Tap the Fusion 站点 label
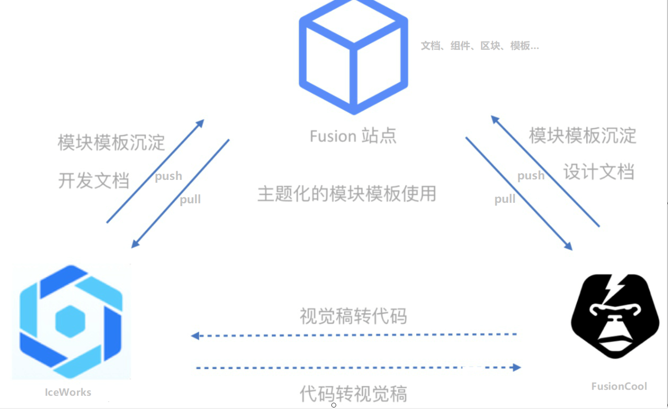point(353,136)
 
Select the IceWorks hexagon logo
point(71,322)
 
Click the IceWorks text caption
point(68,392)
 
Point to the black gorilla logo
point(615,317)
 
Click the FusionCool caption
point(619,387)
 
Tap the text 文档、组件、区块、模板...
point(480,46)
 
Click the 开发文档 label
point(94,180)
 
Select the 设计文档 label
point(599,172)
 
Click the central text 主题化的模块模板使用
point(346,194)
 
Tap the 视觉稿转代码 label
point(353,316)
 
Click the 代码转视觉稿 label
point(353,393)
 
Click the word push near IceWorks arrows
point(168,176)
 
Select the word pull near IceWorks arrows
point(190,199)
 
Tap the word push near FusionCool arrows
point(531,175)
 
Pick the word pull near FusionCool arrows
point(505,199)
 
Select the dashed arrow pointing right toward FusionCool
point(359,368)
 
